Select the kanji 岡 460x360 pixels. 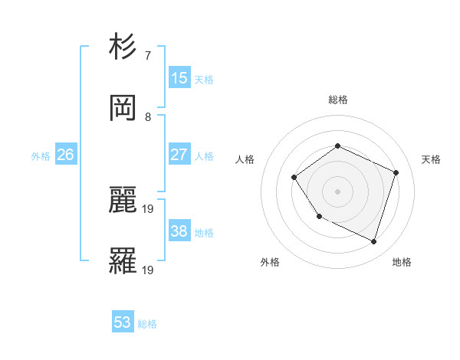click(x=123, y=109)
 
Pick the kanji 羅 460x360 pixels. click(x=123, y=262)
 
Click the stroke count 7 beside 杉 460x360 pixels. click(x=148, y=56)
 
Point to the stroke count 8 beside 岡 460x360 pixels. click(x=148, y=117)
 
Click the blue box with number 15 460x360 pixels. click(x=179, y=78)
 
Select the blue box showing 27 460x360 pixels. click(x=179, y=155)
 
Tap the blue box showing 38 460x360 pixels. click(x=179, y=231)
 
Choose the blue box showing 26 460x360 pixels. click(x=66, y=155)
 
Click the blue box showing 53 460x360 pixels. click(x=123, y=322)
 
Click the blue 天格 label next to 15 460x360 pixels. click(x=204, y=79)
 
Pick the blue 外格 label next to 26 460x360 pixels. click(x=41, y=155)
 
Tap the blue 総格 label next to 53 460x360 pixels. click(x=147, y=323)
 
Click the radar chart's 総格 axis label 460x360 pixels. click(x=337, y=100)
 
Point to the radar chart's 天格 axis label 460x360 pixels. click(x=431, y=159)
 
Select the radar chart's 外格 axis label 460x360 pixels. click(x=270, y=262)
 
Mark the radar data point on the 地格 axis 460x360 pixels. click(x=373, y=242)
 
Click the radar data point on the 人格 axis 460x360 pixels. click(x=294, y=178)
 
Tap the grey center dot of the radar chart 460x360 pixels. click(x=337, y=191)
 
